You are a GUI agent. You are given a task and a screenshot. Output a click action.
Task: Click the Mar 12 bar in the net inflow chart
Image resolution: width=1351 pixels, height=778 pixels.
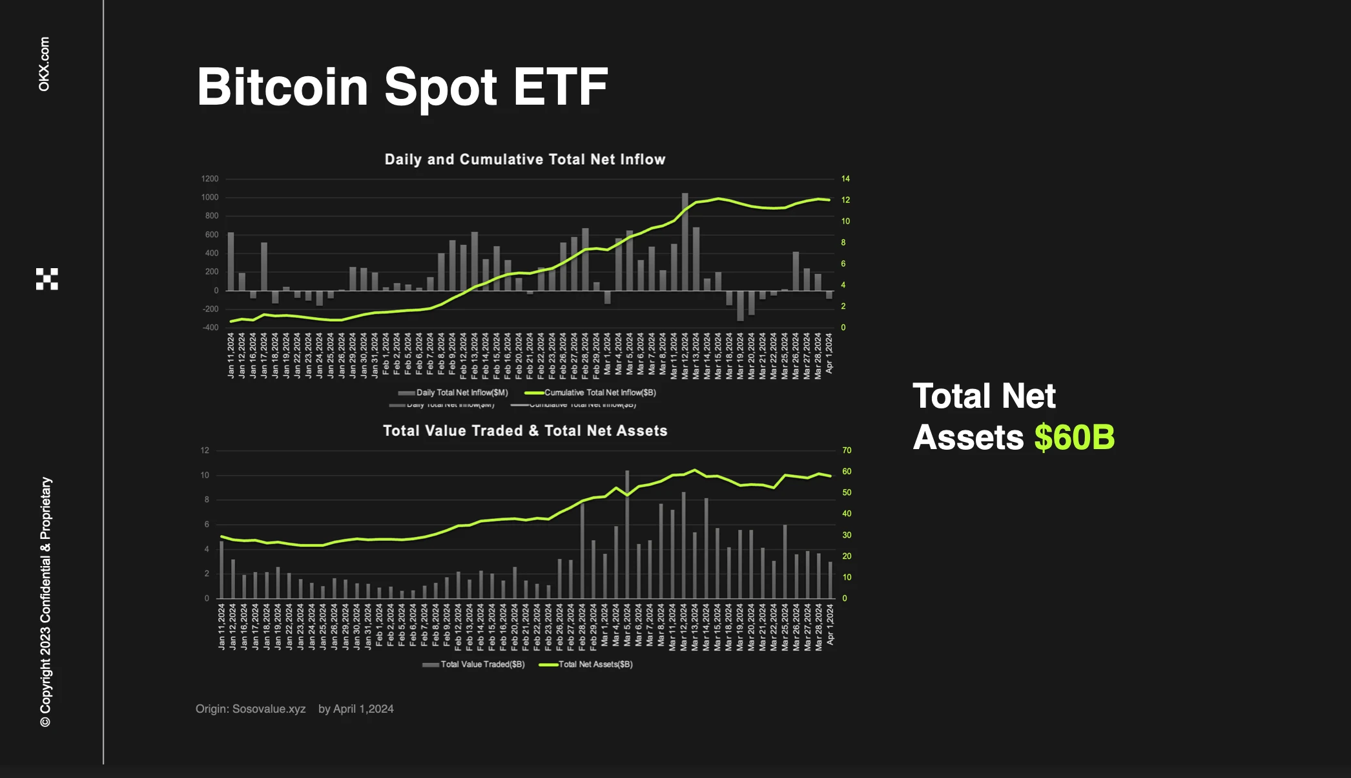click(685, 242)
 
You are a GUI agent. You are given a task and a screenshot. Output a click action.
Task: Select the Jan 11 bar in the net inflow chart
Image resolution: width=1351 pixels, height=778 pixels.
click(231, 261)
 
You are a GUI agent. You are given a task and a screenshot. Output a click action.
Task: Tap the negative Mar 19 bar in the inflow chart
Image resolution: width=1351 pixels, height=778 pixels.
click(740, 306)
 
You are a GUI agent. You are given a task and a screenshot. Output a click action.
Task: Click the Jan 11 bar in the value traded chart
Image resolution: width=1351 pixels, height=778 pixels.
click(222, 569)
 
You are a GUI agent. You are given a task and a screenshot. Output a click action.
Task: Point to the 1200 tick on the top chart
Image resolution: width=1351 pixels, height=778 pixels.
click(210, 179)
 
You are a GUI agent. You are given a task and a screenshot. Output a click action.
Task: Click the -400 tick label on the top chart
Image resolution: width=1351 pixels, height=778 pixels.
click(211, 328)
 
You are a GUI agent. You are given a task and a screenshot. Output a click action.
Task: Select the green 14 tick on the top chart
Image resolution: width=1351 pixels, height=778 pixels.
click(845, 179)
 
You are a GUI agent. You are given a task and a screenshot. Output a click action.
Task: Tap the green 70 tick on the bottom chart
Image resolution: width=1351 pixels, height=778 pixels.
click(847, 450)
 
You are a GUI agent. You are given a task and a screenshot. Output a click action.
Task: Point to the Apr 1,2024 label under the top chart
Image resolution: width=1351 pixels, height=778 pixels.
click(829, 353)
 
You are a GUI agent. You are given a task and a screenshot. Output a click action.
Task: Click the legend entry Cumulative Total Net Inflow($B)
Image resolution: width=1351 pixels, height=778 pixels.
click(600, 393)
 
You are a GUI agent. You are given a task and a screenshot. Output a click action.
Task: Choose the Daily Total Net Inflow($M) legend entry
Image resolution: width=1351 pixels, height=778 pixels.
click(462, 393)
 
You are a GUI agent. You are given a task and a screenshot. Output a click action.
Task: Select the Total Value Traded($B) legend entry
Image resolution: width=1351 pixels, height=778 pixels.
click(482, 664)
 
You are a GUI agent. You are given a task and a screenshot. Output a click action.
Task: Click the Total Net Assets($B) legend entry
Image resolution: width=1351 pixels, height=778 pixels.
click(595, 664)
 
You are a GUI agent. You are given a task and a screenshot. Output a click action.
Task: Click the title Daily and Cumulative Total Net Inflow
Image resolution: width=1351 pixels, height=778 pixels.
click(525, 160)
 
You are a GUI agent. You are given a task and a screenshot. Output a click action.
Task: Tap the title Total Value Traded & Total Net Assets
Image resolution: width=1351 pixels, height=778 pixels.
click(525, 431)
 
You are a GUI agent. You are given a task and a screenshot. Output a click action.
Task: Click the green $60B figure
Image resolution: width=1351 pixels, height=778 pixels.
click(1074, 437)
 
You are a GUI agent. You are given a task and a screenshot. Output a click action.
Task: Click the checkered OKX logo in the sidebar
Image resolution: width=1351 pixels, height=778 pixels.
click(47, 279)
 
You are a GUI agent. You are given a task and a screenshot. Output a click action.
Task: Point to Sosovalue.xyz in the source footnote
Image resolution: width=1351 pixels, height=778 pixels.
click(269, 709)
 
